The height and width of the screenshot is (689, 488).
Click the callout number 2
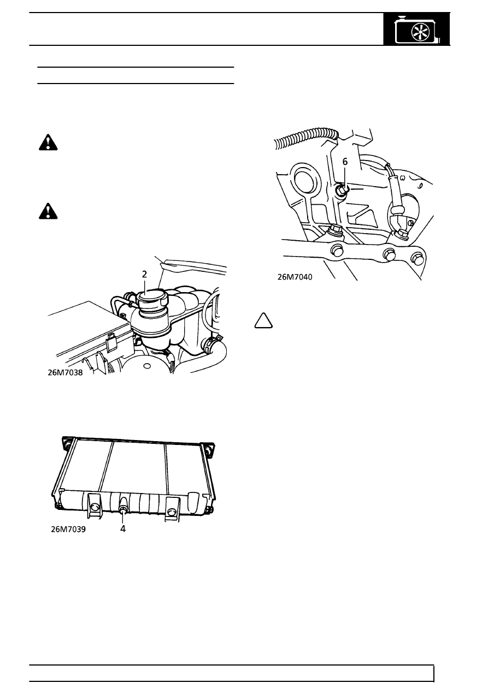(144, 275)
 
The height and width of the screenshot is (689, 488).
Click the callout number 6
(345, 162)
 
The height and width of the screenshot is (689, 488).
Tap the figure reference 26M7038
(65, 373)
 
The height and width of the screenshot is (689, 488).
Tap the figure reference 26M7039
(68, 530)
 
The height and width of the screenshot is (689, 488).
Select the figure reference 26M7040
(295, 277)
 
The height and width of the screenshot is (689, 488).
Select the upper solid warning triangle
(48, 142)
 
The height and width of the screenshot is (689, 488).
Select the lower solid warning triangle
(48, 211)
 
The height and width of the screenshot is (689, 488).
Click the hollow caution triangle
(263, 321)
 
